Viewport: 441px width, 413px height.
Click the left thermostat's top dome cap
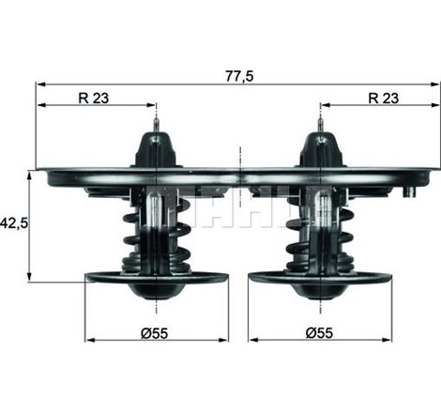coord(156,150)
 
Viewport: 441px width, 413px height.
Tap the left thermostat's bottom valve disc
coord(156,278)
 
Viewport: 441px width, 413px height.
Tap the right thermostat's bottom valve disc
coord(320,278)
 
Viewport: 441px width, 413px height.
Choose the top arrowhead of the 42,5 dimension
coord(31,176)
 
